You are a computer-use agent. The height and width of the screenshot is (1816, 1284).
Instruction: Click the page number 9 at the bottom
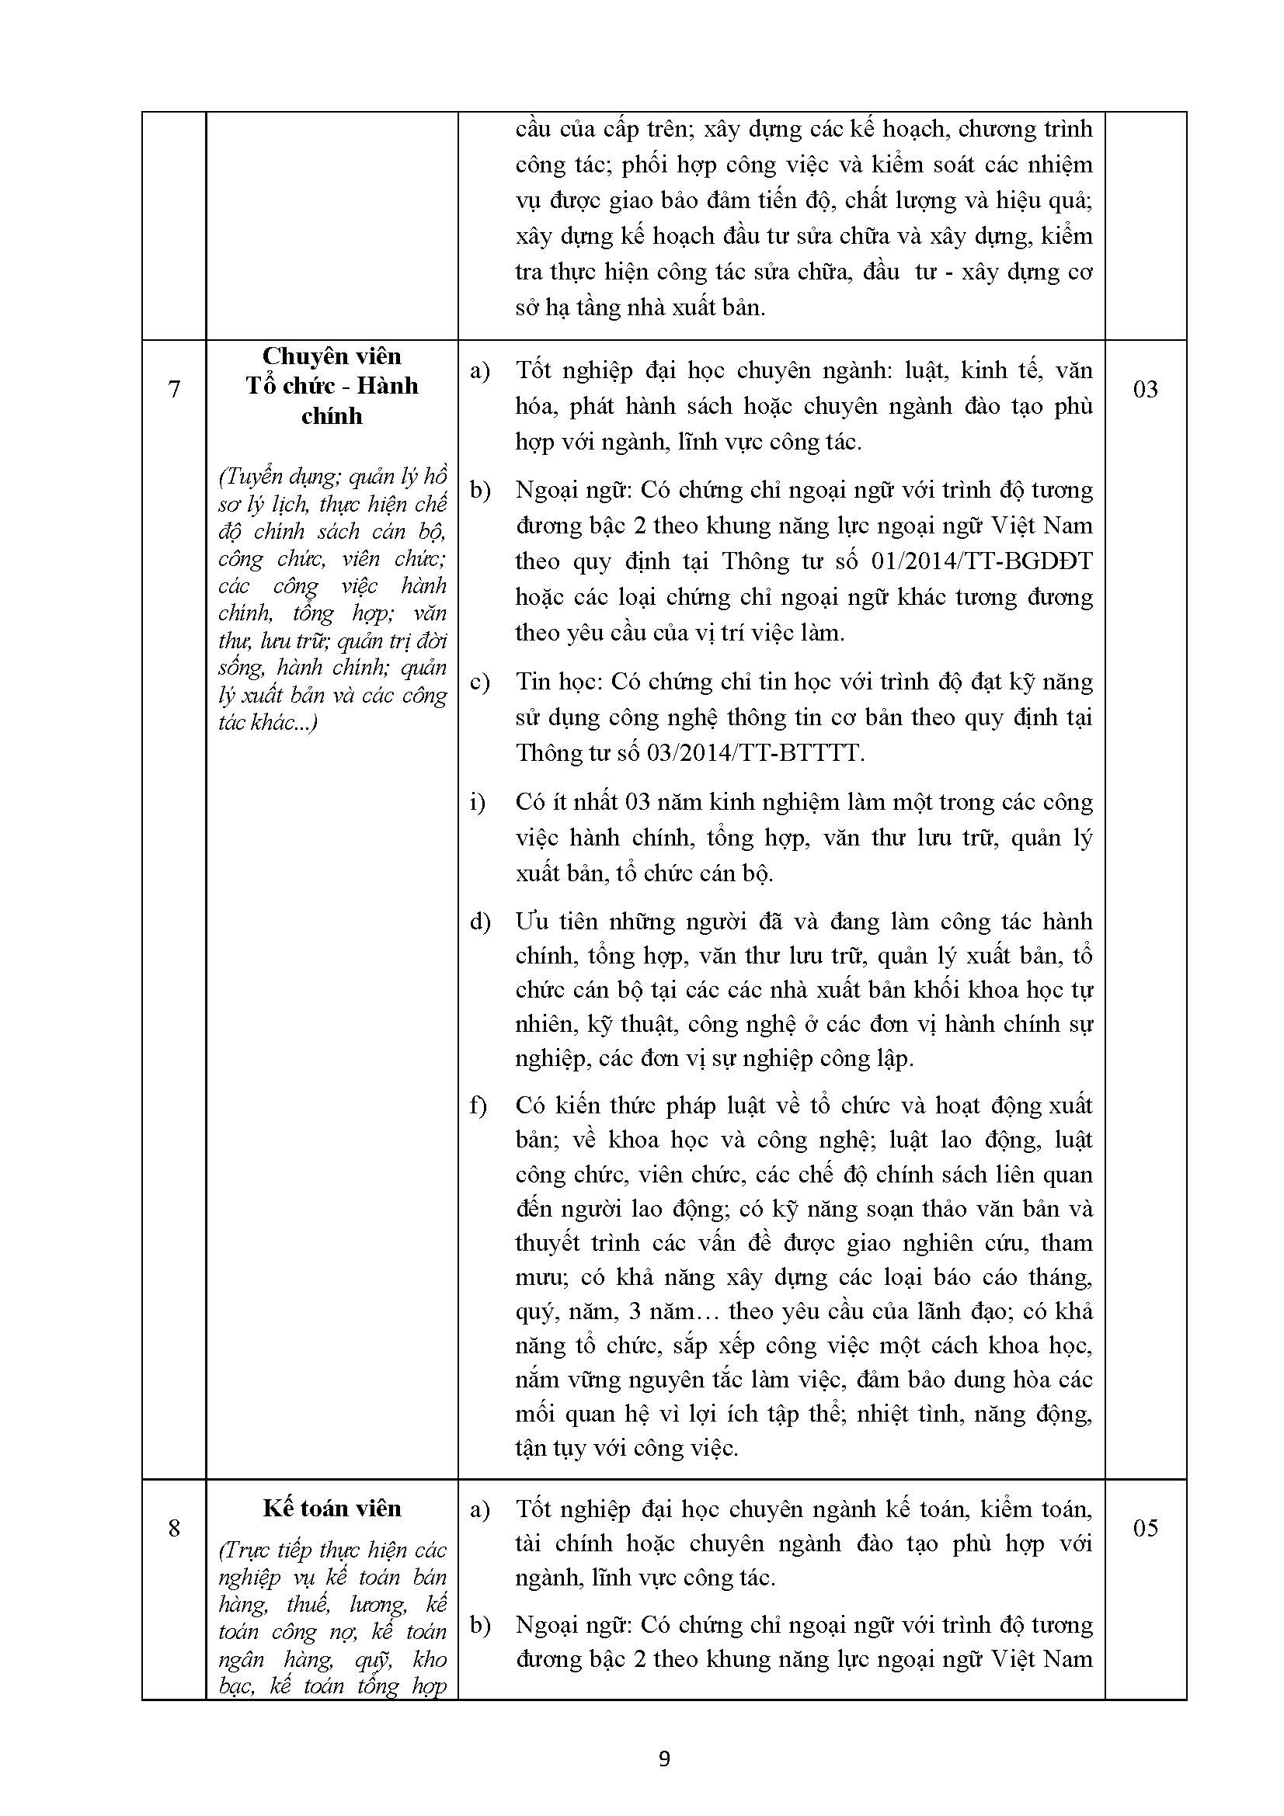664,1759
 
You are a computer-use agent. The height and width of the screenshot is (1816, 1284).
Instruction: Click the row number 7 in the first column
174,389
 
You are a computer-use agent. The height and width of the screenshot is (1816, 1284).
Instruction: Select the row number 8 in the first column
174,1528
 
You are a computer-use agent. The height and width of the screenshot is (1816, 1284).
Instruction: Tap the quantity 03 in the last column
1145,389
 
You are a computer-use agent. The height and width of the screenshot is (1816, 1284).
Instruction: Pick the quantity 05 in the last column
1145,1528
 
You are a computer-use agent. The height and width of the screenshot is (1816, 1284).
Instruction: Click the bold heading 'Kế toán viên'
332,1509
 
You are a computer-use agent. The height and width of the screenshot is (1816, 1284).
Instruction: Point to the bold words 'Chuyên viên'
332,356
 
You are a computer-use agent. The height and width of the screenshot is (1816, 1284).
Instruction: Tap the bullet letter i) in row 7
477,803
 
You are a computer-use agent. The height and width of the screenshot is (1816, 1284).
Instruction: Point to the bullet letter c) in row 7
479,682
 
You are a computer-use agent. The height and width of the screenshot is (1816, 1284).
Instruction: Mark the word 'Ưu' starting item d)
531,922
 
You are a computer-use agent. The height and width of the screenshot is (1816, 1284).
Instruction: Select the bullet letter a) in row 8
479,1509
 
